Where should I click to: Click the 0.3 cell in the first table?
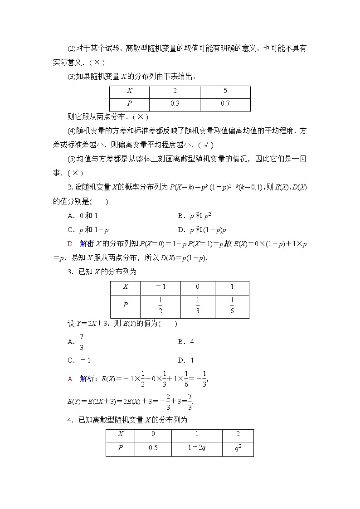pyautogui.click(x=175, y=104)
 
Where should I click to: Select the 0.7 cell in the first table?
pyautogui.click(x=225, y=104)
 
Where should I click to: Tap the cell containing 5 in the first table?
pyautogui.click(x=225, y=91)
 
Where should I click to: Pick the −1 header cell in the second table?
pyautogui.click(x=161, y=287)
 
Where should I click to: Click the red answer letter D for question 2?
pyautogui.click(x=70, y=244)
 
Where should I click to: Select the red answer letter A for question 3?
pyautogui.click(x=70, y=378)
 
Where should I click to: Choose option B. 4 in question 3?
pyautogui.click(x=186, y=342)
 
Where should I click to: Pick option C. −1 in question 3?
pyautogui.click(x=79, y=360)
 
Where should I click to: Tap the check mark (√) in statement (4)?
pyautogui.click(x=206, y=145)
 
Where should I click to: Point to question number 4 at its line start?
pyautogui.click(x=69, y=420)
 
